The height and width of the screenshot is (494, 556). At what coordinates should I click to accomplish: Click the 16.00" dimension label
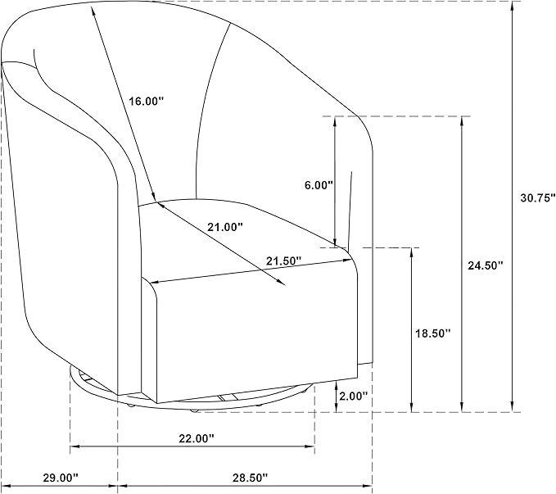[x=146, y=102]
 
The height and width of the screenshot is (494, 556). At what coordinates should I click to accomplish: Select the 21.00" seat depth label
[x=225, y=227]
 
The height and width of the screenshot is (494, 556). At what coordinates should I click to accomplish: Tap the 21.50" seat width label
[x=283, y=261]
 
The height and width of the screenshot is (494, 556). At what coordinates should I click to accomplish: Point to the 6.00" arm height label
[x=319, y=185]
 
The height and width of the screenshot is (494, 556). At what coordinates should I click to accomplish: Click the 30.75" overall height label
[x=537, y=197]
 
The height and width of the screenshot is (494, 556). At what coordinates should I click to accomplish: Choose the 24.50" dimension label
[x=486, y=265]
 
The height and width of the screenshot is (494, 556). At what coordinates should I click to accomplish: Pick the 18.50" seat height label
[x=433, y=333]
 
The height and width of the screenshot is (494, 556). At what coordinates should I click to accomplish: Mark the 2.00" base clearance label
[x=353, y=396]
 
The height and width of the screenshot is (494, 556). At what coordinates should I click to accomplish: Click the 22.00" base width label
[x=197, y=438]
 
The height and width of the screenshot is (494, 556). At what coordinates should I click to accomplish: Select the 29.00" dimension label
[x=60, y=478]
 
